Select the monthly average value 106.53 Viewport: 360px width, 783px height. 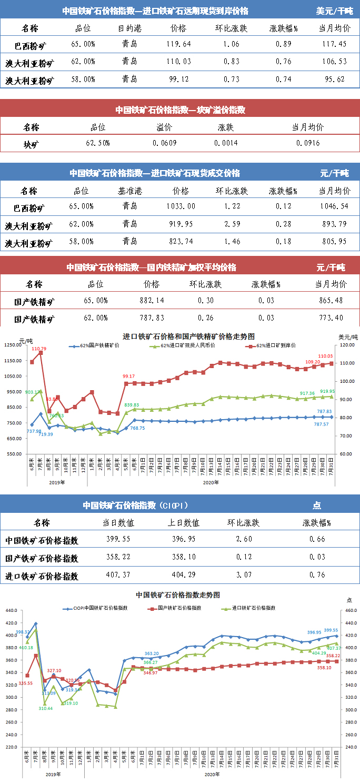[334, 62]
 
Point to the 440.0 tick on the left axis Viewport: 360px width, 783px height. [11, 610]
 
